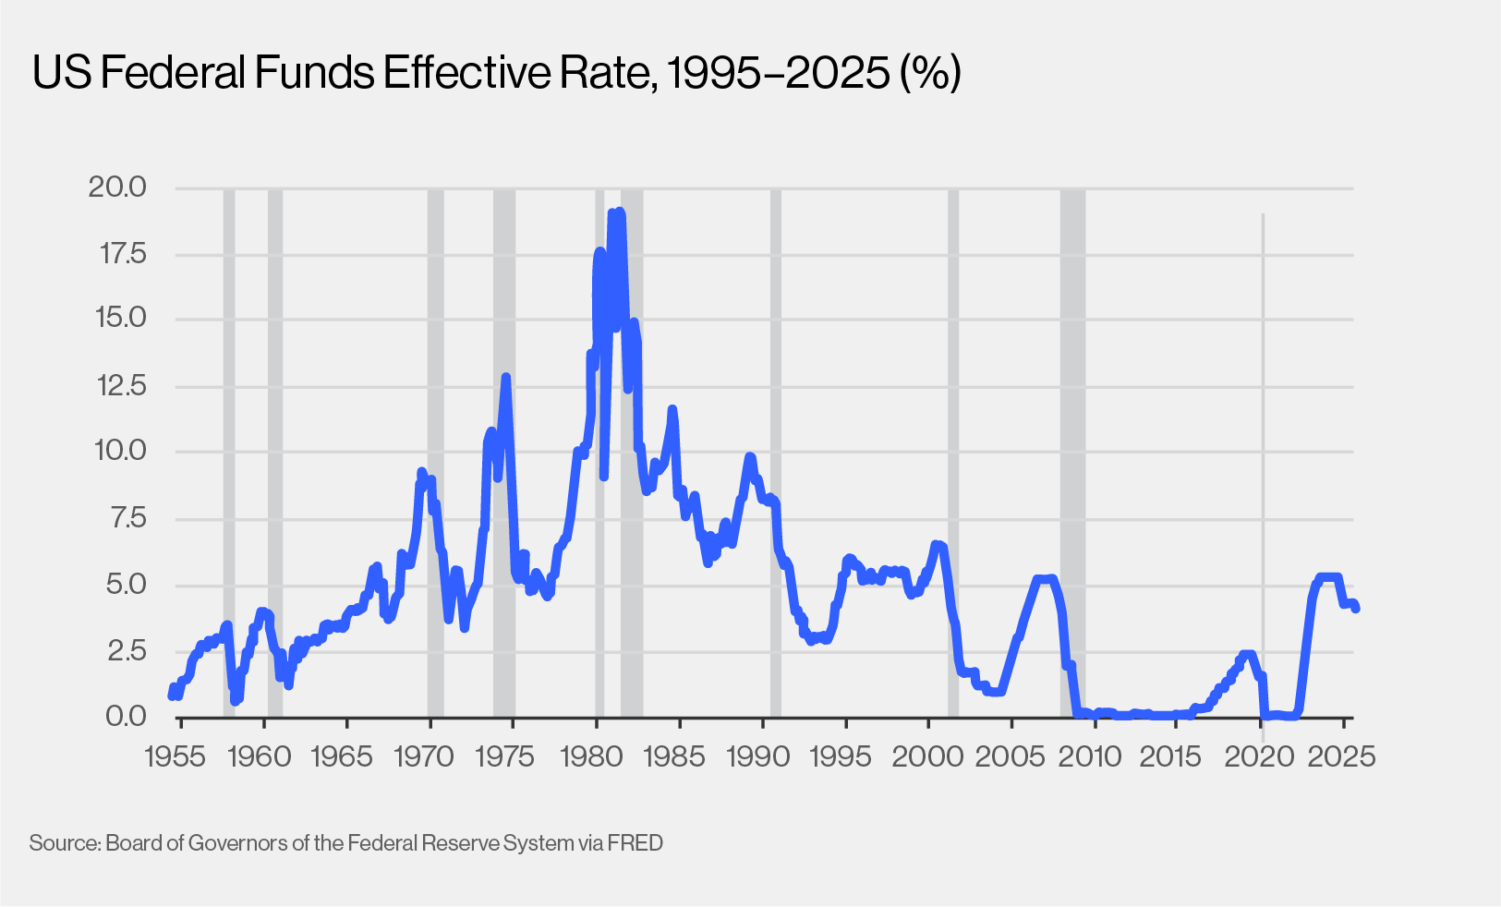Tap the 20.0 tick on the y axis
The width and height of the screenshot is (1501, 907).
[117, 187]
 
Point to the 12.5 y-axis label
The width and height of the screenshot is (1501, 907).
[121, 386]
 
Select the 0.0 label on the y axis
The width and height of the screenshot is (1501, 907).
[125, 717]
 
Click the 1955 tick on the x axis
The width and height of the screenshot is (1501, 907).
[176, 756]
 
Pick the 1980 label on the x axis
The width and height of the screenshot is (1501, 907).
[592, 756]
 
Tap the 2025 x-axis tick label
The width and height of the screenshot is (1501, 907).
[1344, 756]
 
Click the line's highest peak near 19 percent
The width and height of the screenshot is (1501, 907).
[619, 213]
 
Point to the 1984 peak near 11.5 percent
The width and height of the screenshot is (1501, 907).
[672, 409]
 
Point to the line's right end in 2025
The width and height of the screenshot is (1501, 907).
[1355, 608]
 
